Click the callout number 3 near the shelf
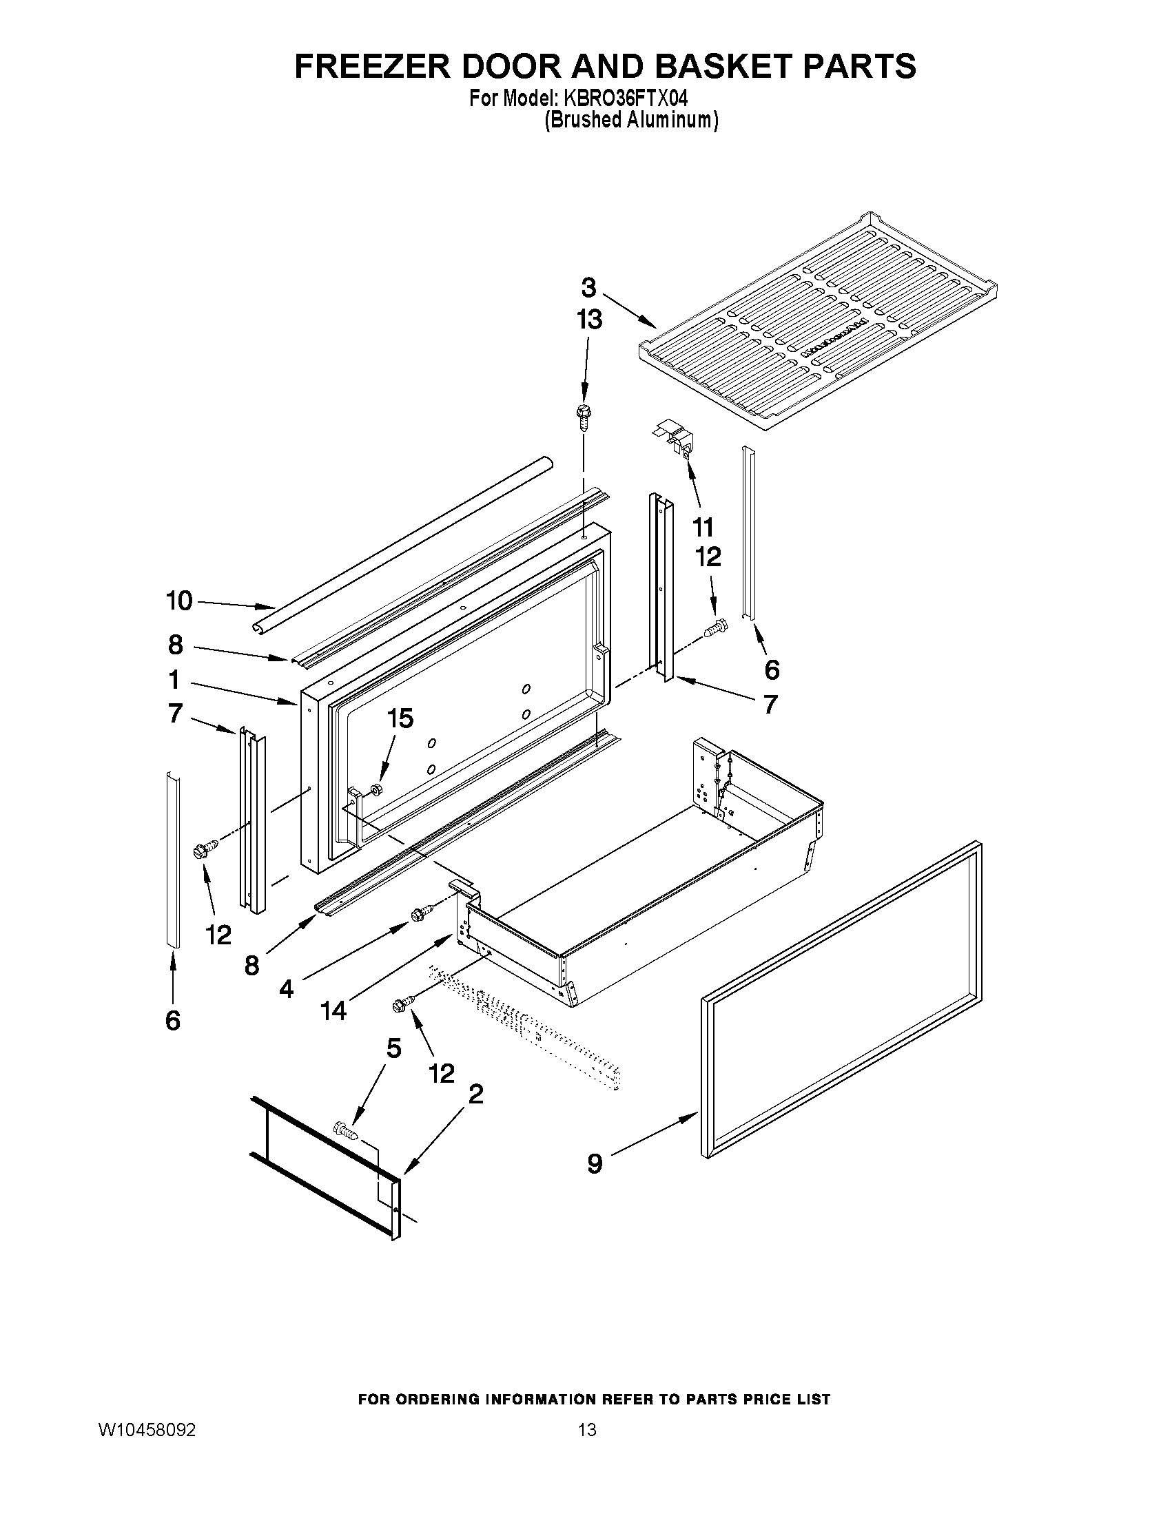tap(588, 287)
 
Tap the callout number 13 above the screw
tap(590, 320)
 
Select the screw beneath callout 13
tap(582, 416)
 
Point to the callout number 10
tap(179, 601)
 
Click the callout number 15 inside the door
tap(400, 718)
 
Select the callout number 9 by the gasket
tap(595, 1163)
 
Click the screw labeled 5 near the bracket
tap(347, 1131)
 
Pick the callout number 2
tap(475, 1094)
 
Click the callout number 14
tap(333, 1010)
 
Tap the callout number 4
tap(287, 988)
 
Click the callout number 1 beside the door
tap(174, 680)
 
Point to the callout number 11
tap(703, 528)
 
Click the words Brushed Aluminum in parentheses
tap(630, 120)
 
